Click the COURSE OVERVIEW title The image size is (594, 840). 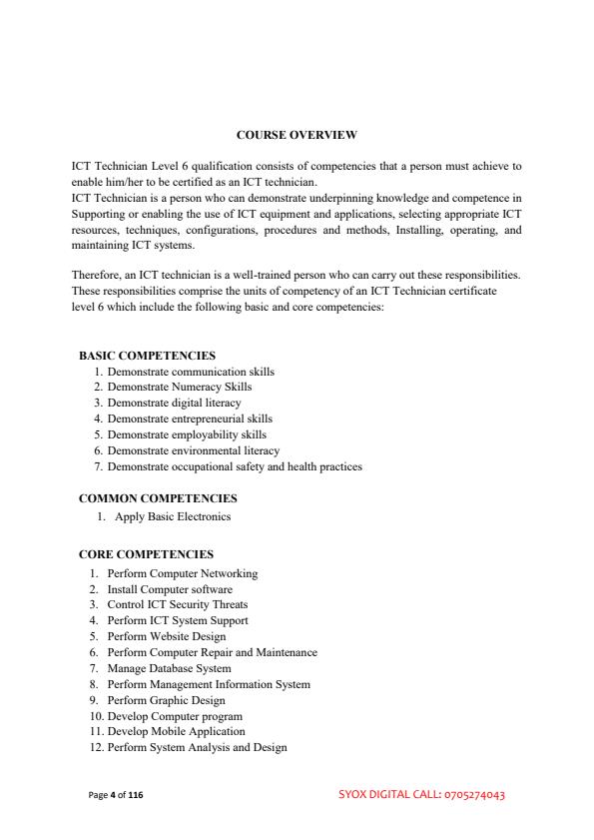297,134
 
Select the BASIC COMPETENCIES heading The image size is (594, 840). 147,355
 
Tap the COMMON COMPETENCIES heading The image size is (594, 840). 158,497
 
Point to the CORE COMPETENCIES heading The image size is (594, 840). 146,553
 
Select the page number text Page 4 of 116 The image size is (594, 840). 115,795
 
